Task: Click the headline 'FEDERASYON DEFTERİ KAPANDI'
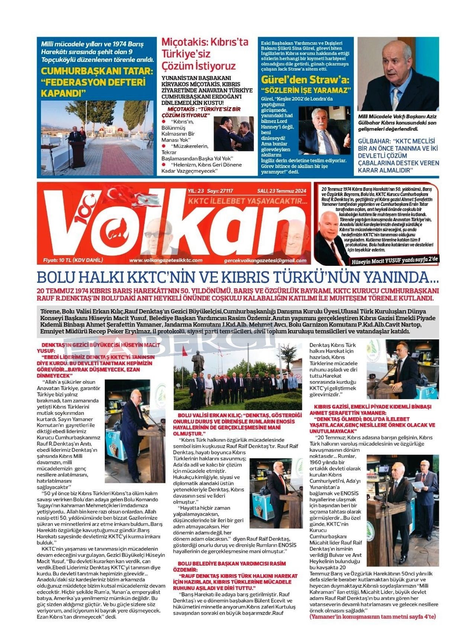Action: click(93, 87)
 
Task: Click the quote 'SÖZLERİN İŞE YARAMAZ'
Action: click(306, 90)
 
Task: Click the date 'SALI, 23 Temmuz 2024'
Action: click(282, 191)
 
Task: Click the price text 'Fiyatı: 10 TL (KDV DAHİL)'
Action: click(73, 260)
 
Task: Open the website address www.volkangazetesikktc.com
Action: click(166, 260)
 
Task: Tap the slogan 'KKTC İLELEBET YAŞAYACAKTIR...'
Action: click(248, 201)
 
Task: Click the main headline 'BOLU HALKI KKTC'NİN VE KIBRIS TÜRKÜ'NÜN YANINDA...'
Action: click(238, 277)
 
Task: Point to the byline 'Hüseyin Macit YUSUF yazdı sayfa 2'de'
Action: click(395, 260)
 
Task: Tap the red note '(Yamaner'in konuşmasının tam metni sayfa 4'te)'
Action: click(372, 616)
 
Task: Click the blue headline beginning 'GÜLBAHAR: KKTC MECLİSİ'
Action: click(398, 156)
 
